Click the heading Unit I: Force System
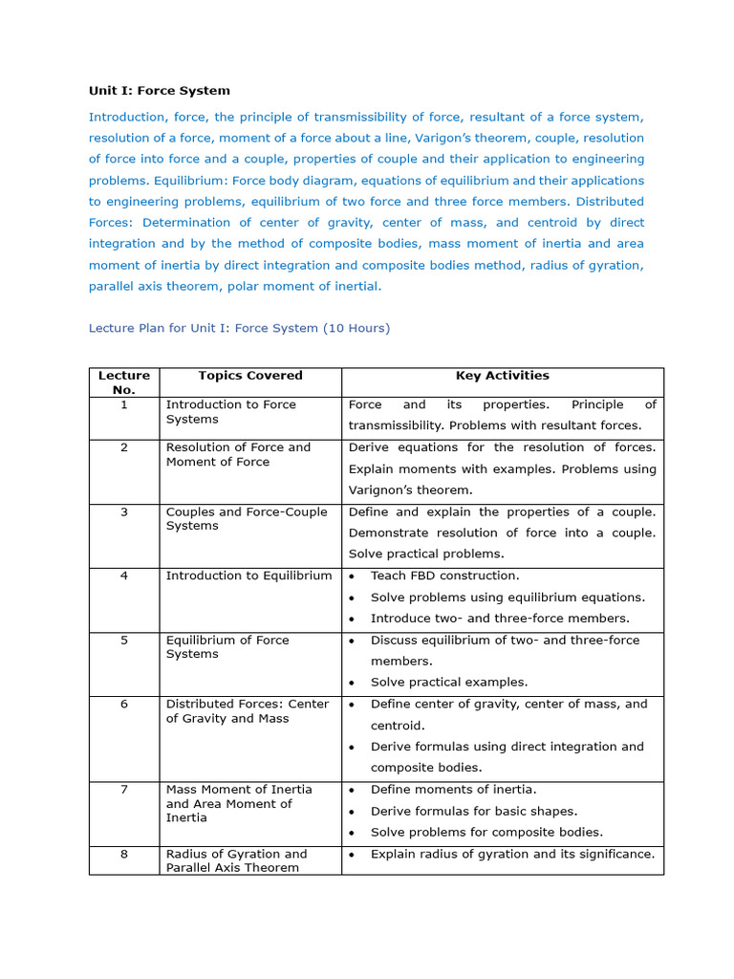coord(160,91)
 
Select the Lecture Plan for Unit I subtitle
coord(239,328)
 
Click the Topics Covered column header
coord(250,376)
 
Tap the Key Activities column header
coord(502,376)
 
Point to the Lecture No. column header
coord(124,382)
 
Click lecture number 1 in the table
coord(124,404)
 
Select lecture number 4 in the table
coord(124,576)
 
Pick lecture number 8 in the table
coord(124,854)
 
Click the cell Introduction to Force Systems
coord(230,412)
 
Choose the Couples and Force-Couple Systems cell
coord(246,519)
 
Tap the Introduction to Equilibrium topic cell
coord(248,576)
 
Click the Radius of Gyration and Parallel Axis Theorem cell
coord(236,860)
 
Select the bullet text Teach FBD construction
coord(444,576)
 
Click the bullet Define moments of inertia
coord(453,790)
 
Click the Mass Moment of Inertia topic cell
coord(239,803)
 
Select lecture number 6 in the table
coord(124,704)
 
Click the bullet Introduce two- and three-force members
coord(500,619)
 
